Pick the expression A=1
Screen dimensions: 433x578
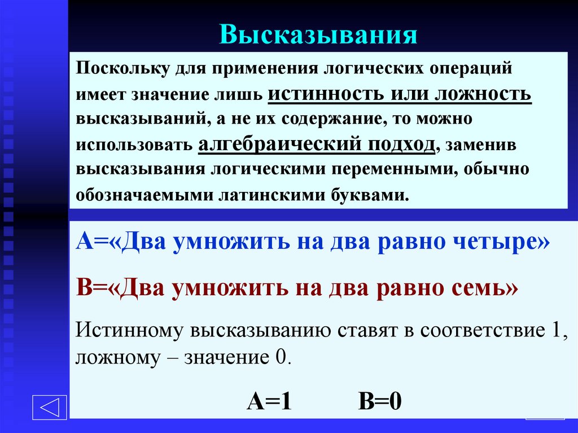click(269, 402)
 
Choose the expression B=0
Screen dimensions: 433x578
click(379, 402)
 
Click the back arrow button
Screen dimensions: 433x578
click(50, 407)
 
